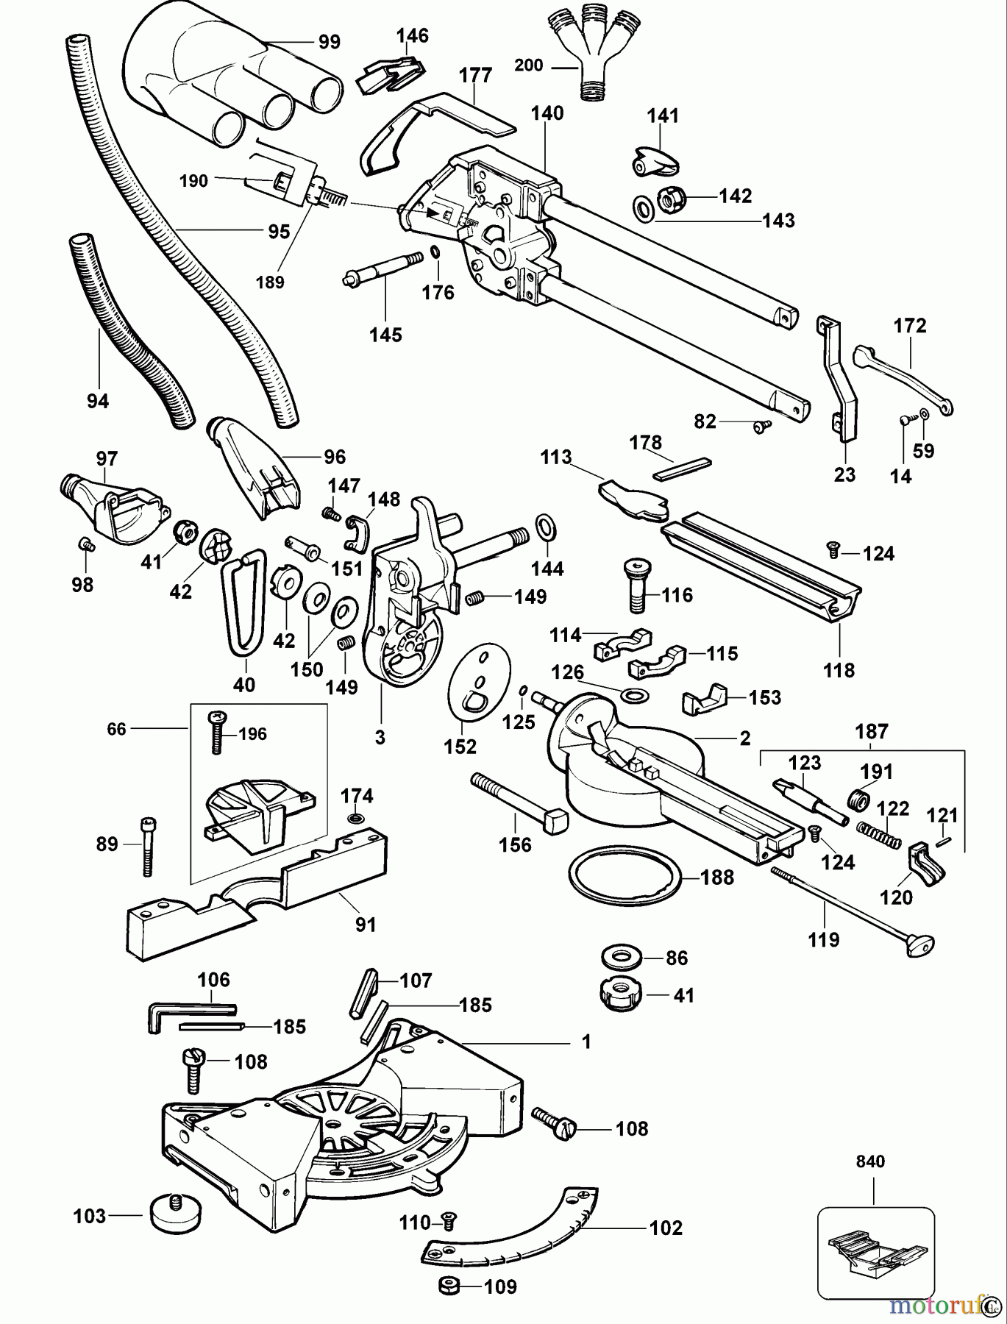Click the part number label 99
tap(330, 42)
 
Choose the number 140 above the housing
tap(547, 113)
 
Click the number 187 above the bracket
tap(872, 731)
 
